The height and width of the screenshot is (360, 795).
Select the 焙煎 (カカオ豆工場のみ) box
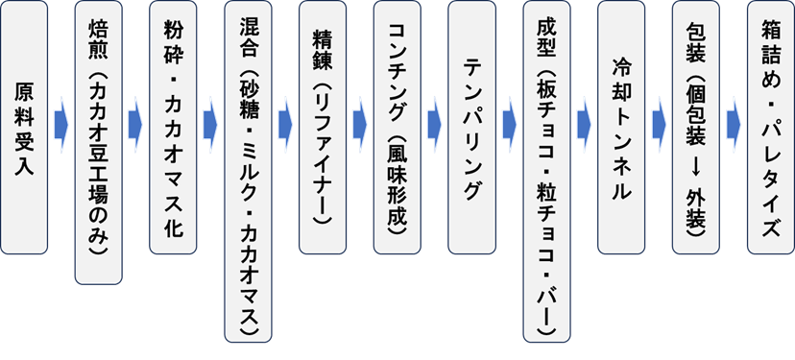(98, 144)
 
